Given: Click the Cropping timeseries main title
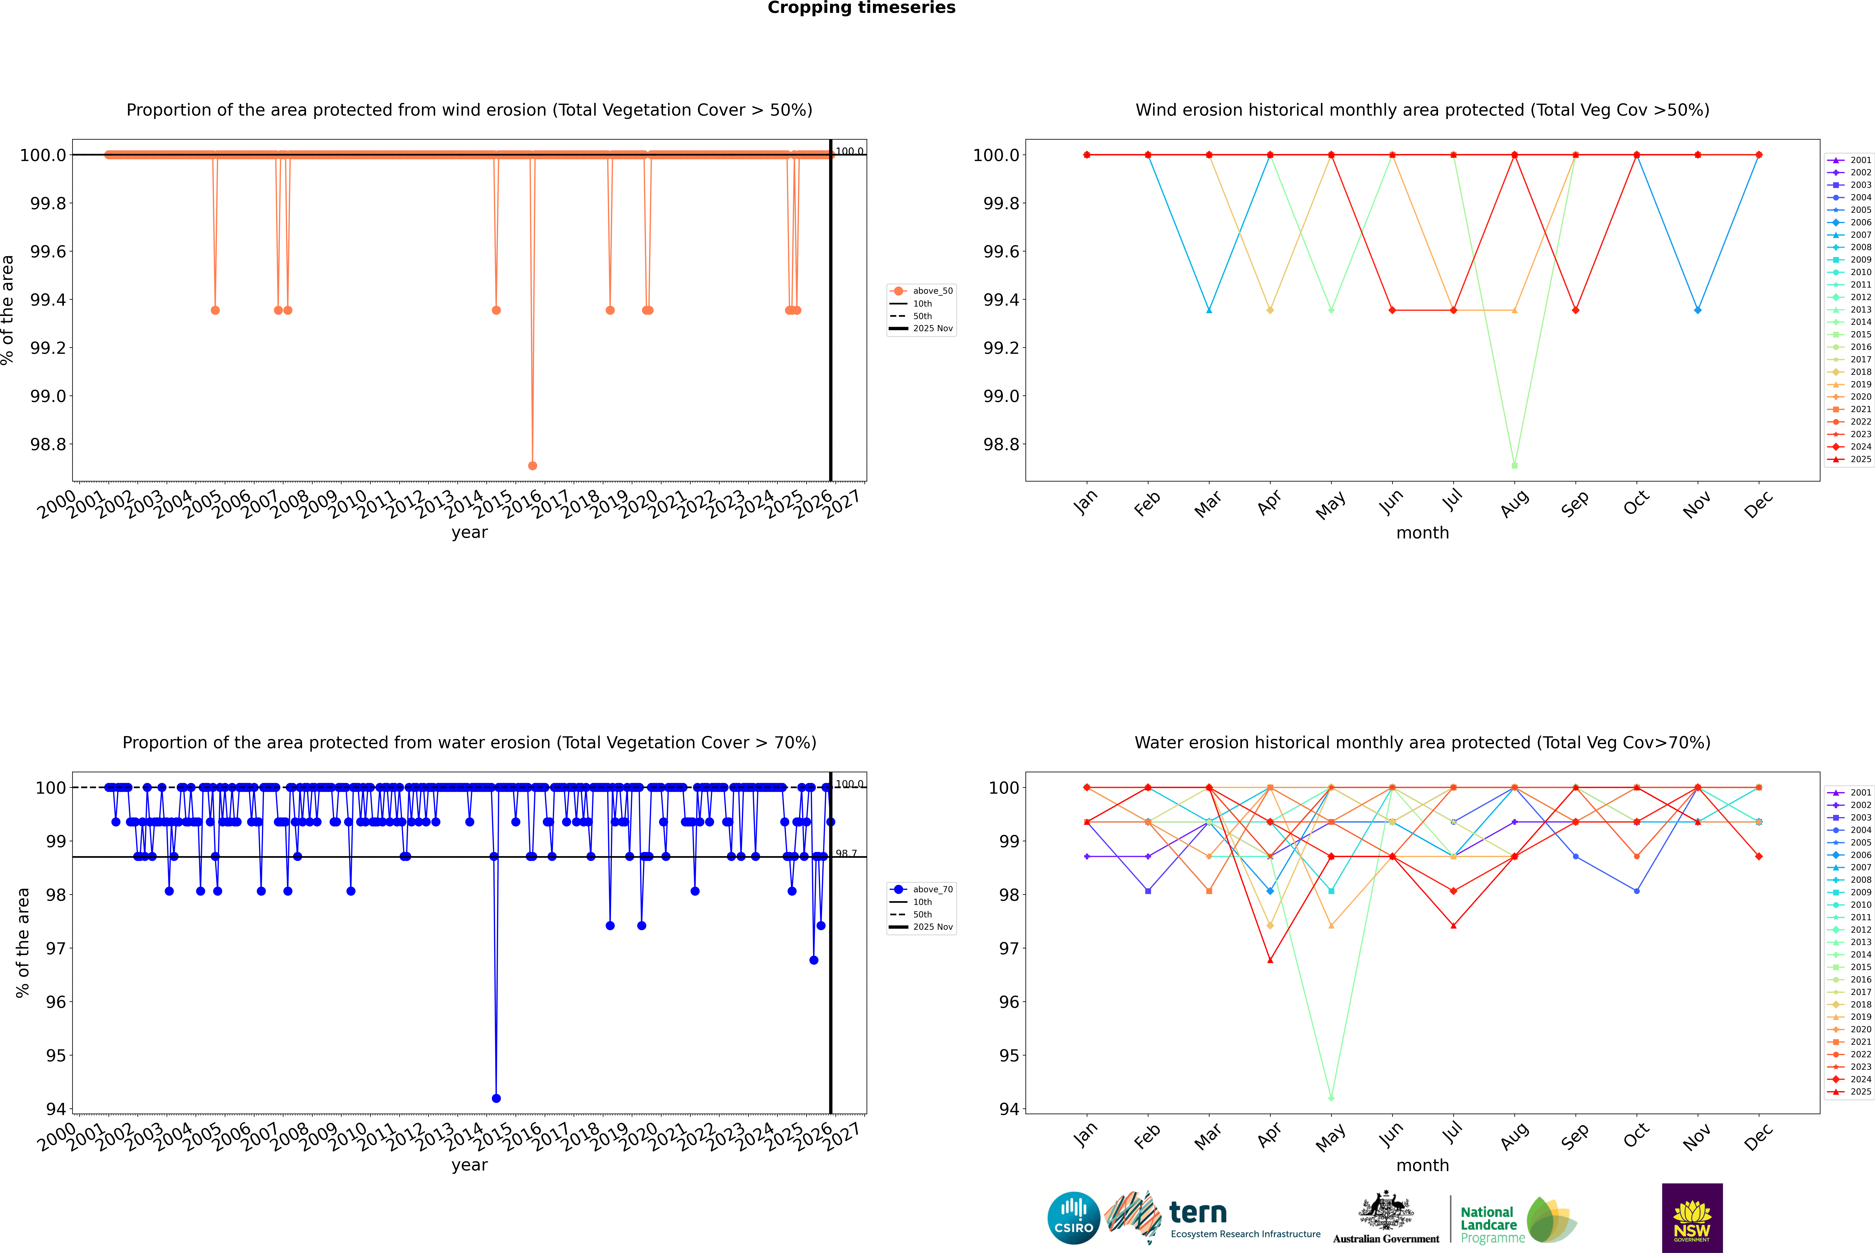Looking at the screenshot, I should pyautogui.click(x=861, y=8).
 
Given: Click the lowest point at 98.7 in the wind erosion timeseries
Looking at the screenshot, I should pyautogui.click(x=532, y=465).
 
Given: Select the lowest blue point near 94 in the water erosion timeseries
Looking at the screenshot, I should pyautogui.click(x=496, y=1098).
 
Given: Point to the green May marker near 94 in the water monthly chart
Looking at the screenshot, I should pyautogui.click(x=1331, y=1098).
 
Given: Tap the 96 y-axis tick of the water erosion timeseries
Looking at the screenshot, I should pyautogui.click(x=56, y=1002).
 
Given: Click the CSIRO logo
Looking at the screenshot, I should pyautogui.click(x=1073, y=1218).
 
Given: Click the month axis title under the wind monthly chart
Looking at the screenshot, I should pyautogui.click(x=1422, y=533).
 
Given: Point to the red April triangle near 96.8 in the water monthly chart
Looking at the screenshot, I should pyautogui.click(x=1270, y=960).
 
